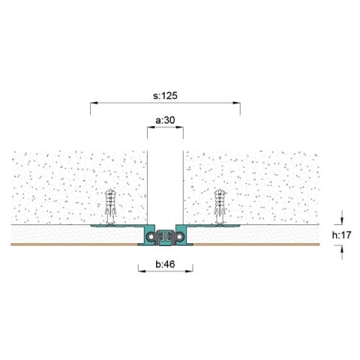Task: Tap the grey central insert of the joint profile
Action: (x=165, y=237)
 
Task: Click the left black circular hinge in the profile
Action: (x=152, y=237)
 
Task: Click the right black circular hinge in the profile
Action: (x=178, y=237)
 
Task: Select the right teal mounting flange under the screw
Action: (x=214, y=225)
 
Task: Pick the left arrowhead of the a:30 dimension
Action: (x=148, y=128)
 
